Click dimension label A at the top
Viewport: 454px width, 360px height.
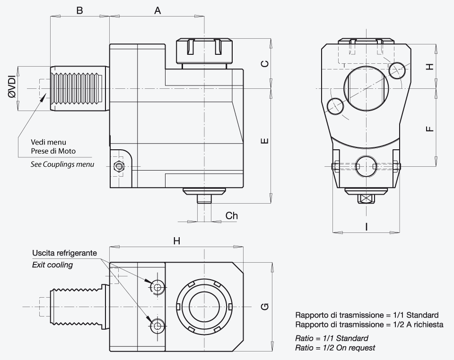click(x=157, y=11)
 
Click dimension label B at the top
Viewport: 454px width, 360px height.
click(x=79, y=10)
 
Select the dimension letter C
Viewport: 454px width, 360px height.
click(x=265, y=64)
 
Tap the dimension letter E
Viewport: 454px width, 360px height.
click(x=265, y=141)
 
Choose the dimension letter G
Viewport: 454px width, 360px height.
click(x=265, y=307)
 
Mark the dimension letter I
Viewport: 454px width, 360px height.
click(x=367, y=226)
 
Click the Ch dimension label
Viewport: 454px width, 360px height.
click(x=232, y=216)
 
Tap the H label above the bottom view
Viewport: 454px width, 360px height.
click(x=176, y=241)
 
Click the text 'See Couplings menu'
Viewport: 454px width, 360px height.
click(x=62, y=164)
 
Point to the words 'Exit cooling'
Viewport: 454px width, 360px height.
click(x=52, y=265)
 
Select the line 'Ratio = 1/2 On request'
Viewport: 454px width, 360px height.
click(x=335, y=348)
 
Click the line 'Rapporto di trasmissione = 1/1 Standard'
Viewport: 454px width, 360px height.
click(x=367, y=315)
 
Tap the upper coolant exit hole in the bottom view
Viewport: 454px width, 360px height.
click(x=157, y=287)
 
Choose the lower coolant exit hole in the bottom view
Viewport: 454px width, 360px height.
click(x=157, y=326)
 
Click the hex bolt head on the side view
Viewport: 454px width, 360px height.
click(x=119, y=167)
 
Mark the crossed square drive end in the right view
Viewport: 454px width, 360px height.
click(x=367, y=199)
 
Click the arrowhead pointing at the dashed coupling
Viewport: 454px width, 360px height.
click(x=43, y=97)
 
